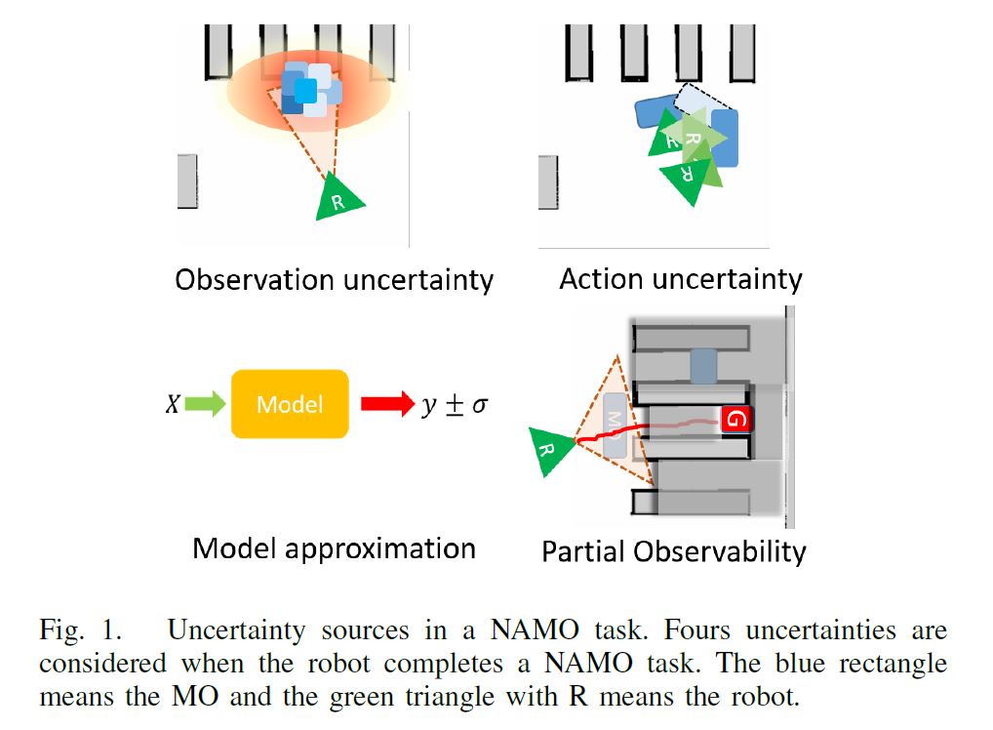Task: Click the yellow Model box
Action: tap(290, 403)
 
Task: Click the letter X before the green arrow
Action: tap(173, 404)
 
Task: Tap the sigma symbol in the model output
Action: tap(479, 405)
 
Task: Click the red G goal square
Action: tap(736, 420)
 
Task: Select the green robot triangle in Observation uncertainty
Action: tap(338, 200)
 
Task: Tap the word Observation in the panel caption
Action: tap(254, 280)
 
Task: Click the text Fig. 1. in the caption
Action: tap(83, 630)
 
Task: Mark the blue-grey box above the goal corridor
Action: tap(703, 366)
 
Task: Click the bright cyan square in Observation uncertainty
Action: tap(305, 91)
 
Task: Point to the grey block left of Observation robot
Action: tap(187, 181)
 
